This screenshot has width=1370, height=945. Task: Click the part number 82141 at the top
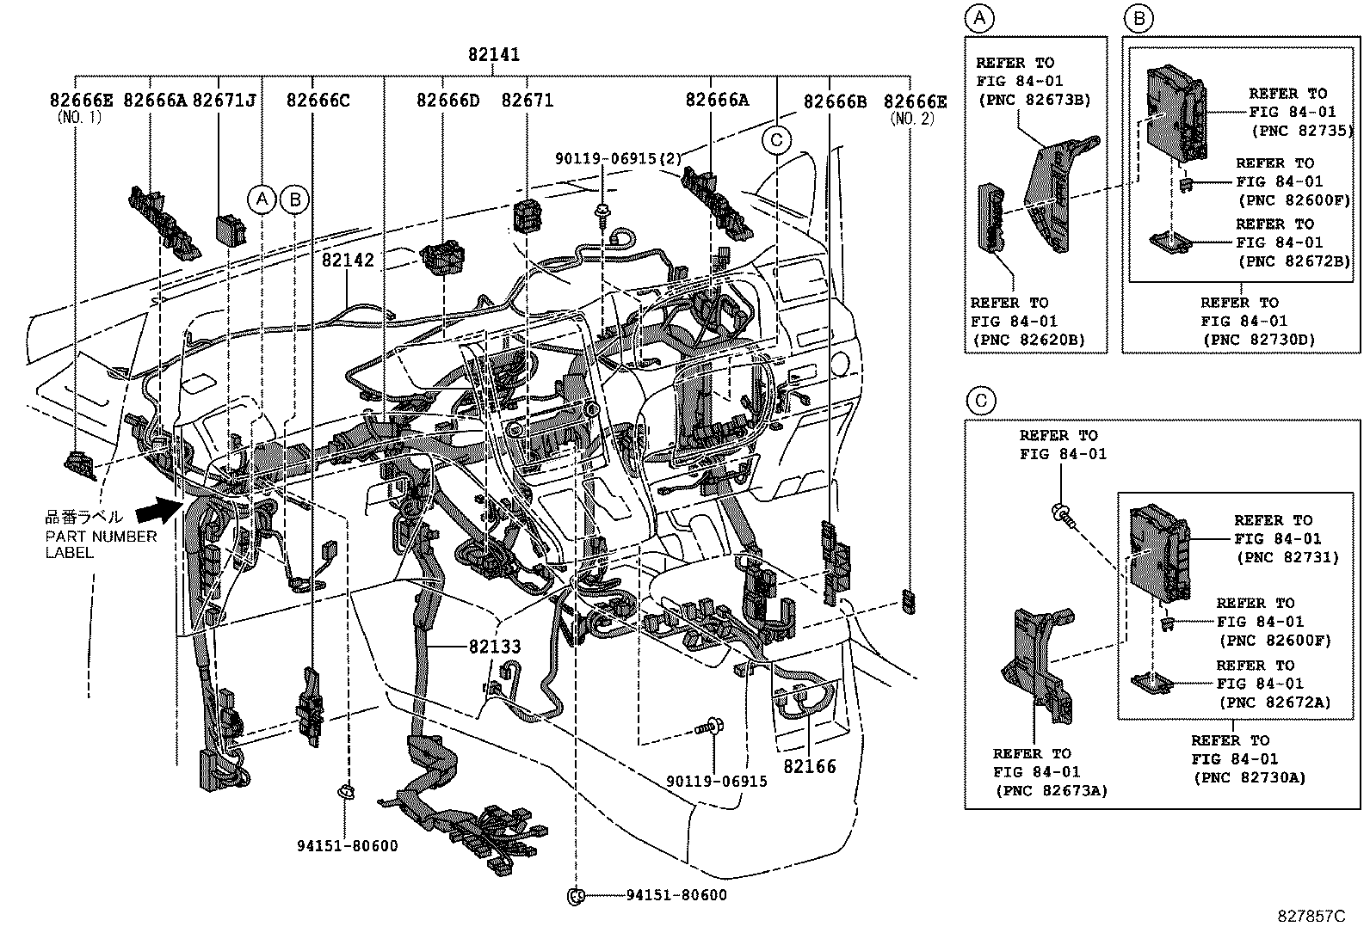click(x=494, y=55)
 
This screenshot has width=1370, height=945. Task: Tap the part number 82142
click(x=349, y=260)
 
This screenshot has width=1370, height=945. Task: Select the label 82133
click(x=495, y=647)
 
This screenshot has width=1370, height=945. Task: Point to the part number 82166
click(x=809, y=766)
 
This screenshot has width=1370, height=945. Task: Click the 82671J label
click(x=224, y=101)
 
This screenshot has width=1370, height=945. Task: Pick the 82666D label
click(x=447, y=101)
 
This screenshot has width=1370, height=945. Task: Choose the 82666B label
click(x=835, y=101)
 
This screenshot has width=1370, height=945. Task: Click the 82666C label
click(x=318, y=101)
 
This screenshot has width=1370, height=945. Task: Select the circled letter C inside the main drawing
click(x=776, y=139)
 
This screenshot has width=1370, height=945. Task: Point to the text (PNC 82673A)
click(x=1051, y=791)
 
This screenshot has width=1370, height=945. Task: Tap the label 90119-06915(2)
click(x=619, y=158)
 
